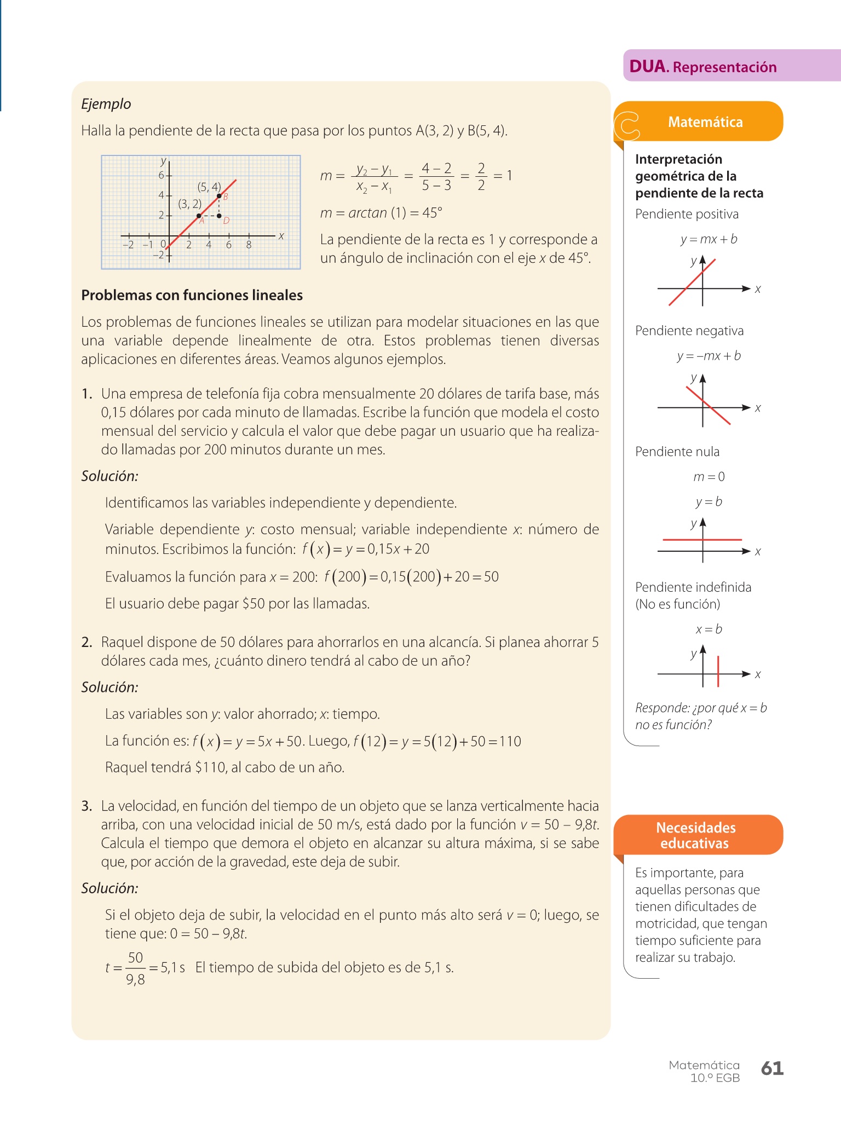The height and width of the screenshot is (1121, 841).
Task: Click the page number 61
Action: click(772, 1068)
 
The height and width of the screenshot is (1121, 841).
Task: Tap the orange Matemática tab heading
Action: click(705, 122)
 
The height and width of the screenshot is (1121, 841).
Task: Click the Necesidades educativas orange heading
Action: click(695, 835)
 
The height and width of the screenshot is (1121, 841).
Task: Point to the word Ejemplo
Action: click(106, 104)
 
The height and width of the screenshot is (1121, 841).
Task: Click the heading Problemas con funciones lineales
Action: click(192, 295)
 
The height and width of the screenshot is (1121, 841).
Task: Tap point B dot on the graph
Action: click(219, 195)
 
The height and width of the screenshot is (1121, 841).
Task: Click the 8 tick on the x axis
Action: click(249, 245)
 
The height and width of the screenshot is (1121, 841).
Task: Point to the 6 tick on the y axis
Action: click(162, 176)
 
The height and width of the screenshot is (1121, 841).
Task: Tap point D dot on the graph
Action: click(219, 216)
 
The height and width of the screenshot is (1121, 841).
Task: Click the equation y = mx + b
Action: click(708, 239)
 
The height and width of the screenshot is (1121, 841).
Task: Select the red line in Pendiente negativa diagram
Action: click(708, 406)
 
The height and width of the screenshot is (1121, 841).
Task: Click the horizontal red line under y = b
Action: click(702, 540)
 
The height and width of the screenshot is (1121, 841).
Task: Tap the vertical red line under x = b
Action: click(718, 672)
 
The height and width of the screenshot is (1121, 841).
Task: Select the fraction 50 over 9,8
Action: click(135, 968)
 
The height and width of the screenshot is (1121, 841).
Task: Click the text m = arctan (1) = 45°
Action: click(381, 213)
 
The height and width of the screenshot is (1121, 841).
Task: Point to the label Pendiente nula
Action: click(677, 452)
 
